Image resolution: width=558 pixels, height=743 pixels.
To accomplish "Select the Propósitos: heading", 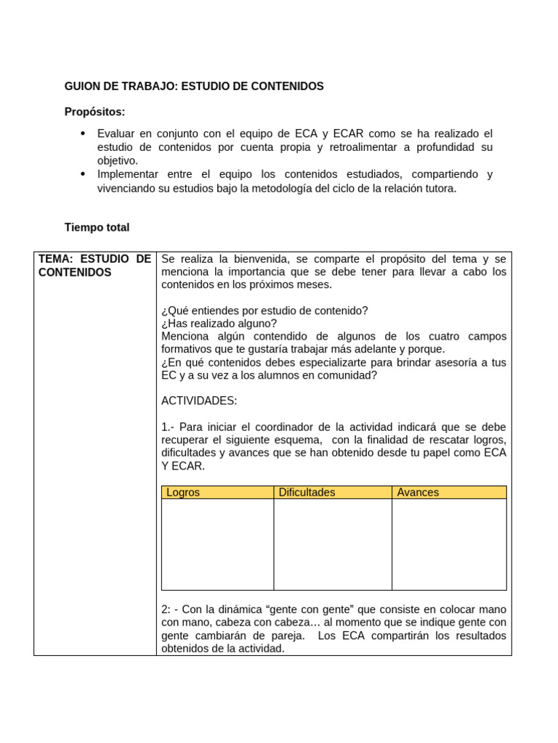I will tap(94, 112).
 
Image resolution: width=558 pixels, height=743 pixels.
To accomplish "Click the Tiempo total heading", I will tap(97, 228).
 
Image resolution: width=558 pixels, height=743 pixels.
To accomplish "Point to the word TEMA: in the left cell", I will tap(56, 259).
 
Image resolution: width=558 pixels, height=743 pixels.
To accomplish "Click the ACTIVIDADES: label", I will tap(199, 401).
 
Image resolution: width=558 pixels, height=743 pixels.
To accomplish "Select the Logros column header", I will tap(183, 493).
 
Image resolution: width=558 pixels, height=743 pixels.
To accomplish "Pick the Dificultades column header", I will tap(307, 493).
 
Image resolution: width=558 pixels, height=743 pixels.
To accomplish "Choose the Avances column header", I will tap(418, 493).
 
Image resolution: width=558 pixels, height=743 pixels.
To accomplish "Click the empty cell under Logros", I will tap(217, 544).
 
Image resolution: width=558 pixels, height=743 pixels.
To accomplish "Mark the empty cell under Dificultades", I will tap(332, 544).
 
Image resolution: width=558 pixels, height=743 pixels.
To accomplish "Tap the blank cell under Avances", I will tap(448, 544).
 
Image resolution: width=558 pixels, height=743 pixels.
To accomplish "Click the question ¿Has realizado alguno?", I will tap(219, 324).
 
